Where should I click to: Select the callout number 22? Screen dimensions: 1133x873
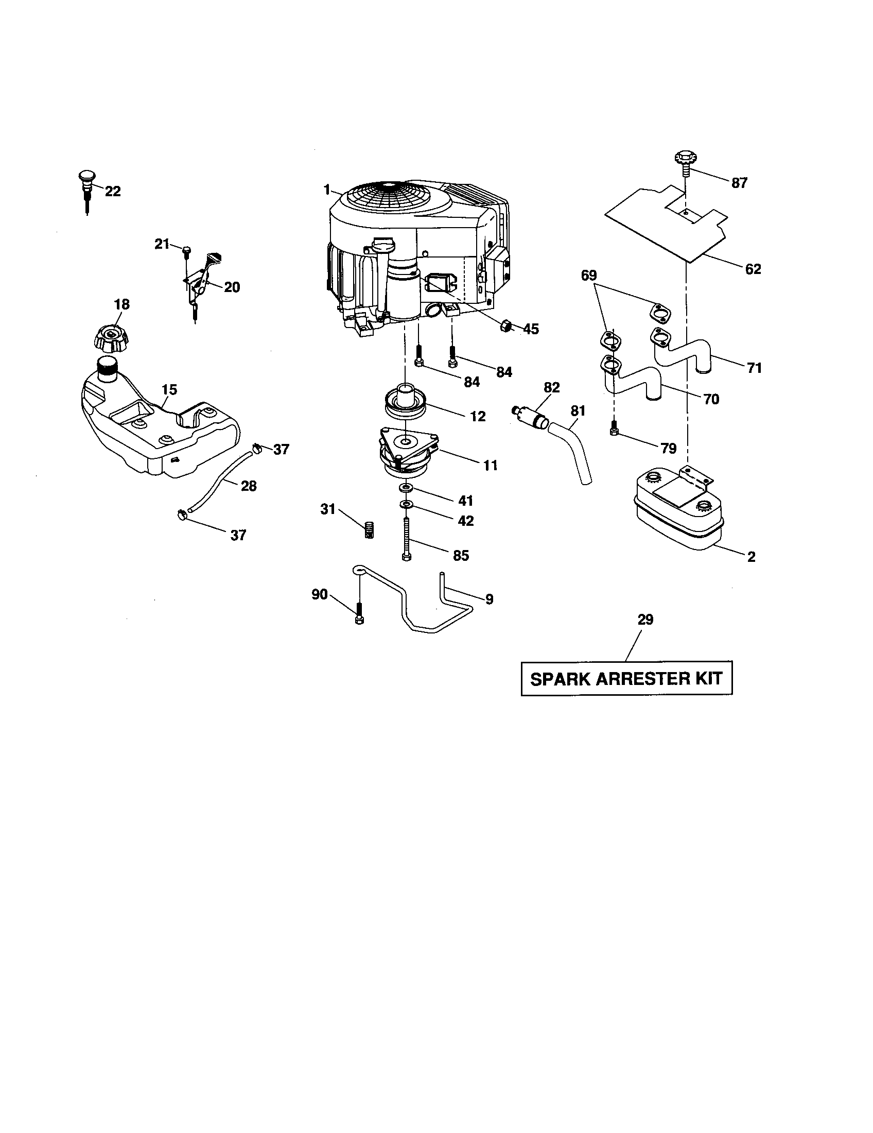pyautogui.click(x=113, y=192)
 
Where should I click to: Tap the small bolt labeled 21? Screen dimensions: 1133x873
pyautogui.click(x=185, y=251)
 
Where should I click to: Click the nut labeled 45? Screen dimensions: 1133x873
pyautogui.click(x=505, y=327)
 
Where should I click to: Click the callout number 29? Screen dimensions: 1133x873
pyautogui.click(x=645, y=620)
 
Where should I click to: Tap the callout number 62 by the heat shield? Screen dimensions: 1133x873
pyautogui.click(x=753, y=269)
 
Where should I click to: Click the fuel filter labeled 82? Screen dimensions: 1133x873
pyautogui.click(x=530, y=418)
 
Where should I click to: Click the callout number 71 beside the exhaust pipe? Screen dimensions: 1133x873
pyautogui.click(x=754, y=368)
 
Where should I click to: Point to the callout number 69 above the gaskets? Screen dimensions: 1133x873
pyautogui.click(x=589, y=275)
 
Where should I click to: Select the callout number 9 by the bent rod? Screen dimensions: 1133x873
pyautogui.click(x=490, y=599)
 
